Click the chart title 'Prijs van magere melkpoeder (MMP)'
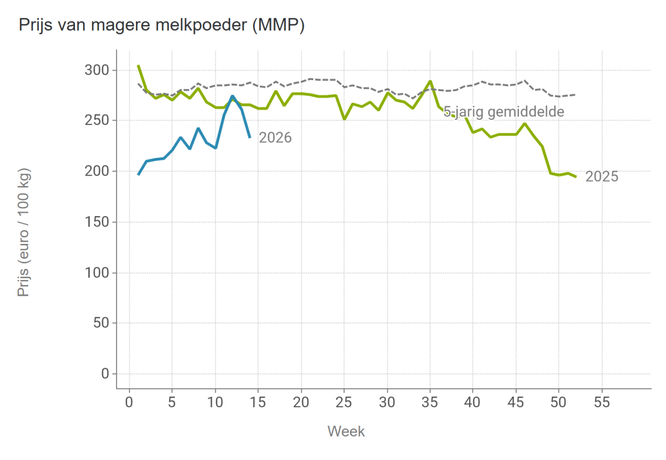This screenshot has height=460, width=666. (162, 25)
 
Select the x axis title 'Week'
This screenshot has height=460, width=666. (346, 431)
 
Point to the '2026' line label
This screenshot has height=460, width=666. (275, 138)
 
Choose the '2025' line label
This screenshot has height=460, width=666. (602, 177)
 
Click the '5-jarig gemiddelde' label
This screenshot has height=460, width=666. (504, 112)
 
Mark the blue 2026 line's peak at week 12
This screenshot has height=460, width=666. (233, 96)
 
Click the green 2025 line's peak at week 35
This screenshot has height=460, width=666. (430, 81)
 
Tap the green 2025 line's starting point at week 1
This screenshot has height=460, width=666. (138, 65)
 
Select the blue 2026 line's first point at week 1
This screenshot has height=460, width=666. (138, 175)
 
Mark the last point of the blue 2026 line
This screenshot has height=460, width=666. (250, 137)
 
